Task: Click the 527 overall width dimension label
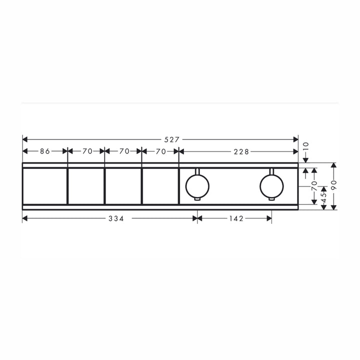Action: (x=171, y=139)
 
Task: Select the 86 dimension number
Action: (x=45, y=151)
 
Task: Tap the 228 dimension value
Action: (x=241, y=152)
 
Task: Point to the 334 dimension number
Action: (x=116, y=218)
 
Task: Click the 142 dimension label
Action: (x=236, y=218)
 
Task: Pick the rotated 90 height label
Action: (x=334, y=185)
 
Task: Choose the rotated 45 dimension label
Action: (x=323, y=198)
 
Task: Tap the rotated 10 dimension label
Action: (x=306, y=146)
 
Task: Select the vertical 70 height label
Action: (x=314, y=185)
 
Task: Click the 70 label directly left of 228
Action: (x=160, y=151)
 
